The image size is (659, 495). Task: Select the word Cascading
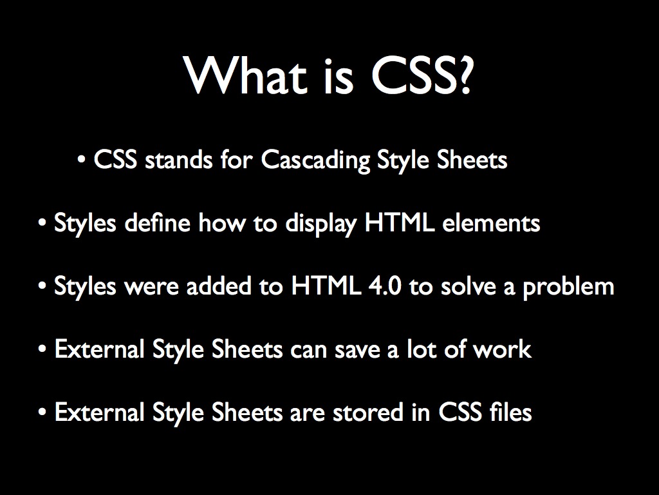pyautogui.click(x=315, y=160)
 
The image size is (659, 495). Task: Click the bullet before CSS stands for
pyautogui.click(x=82, y=160)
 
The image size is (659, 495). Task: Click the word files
pyautogui.click(x=510, y=412)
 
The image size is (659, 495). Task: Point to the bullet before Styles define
pyautogui.click(x=42, y=224)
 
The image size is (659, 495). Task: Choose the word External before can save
pyautogui.click(x=100, y=349)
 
